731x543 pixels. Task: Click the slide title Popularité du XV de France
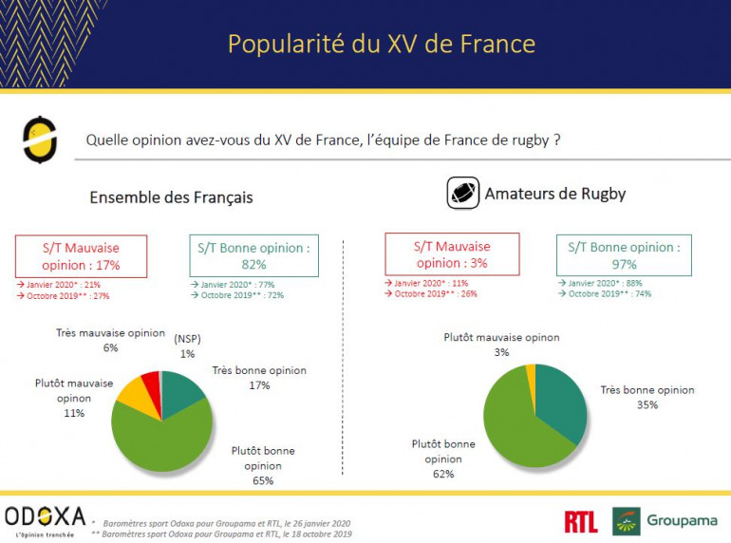[x=381, y=44]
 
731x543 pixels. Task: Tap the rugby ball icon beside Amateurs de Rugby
[x=463, y=194]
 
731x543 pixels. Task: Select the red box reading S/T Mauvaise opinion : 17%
[x=81, y=256]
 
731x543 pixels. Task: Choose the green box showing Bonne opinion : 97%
[x=623, y=255]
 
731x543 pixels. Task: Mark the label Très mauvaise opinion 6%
[x=112, y=341]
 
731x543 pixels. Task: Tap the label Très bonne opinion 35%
[x=647, y=397]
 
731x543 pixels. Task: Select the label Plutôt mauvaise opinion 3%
[x=501, y=345]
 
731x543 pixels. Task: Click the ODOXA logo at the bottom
[x=45, y=518]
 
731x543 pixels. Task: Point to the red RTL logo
[x=580, y=521]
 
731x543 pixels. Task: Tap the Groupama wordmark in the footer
[x=682, y=520]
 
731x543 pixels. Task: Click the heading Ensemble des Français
[x=171, y=197]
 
